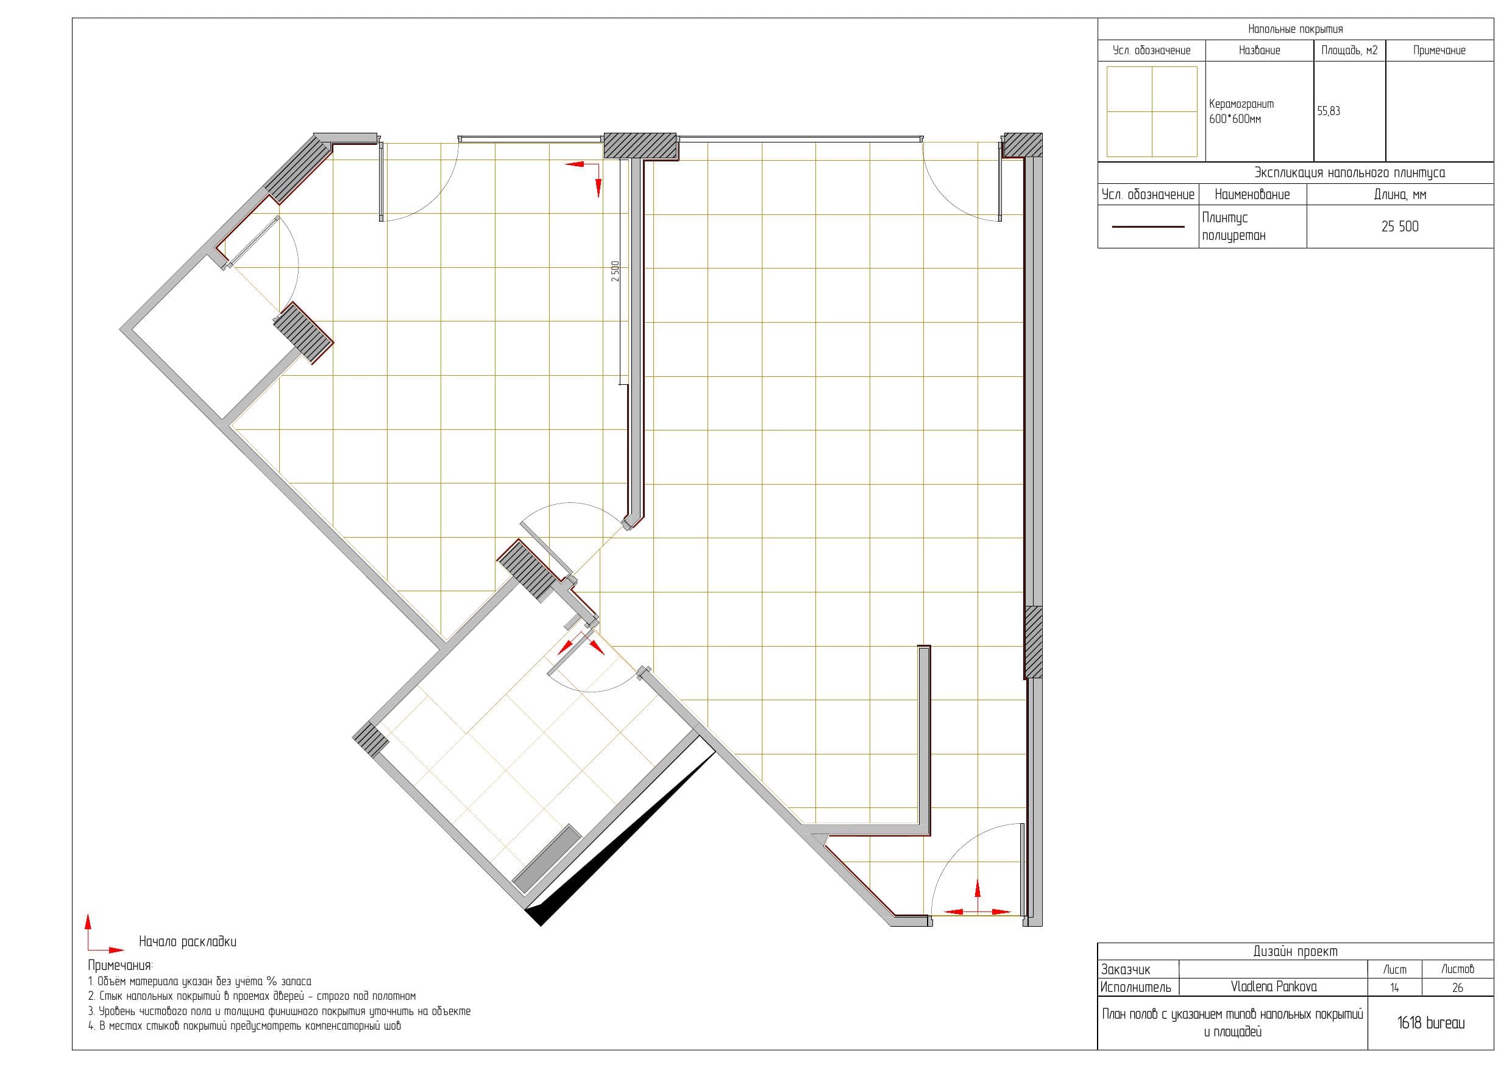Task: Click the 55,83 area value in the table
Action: [1329, 111]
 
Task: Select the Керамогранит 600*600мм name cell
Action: [1241, 111]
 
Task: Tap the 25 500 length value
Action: [1399, 227]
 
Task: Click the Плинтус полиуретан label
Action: [1233, 227]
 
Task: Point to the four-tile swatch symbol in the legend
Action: [1152, 111]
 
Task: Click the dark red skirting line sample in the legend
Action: [1148, 227]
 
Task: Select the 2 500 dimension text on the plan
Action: [615, 271]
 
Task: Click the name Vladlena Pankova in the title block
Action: [1274, 986]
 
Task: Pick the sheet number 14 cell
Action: [1394, 987]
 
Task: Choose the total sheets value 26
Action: [1457, 987]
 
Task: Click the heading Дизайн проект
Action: [1295, 952]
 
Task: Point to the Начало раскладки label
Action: [188, 942]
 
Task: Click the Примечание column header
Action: [1439, 50]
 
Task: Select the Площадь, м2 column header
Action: [1349, 50]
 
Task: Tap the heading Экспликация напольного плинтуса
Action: [1349, 173]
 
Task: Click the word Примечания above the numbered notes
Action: [121, 966]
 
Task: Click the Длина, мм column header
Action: [1400, 195]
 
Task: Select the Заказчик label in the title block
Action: [1126, 969]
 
